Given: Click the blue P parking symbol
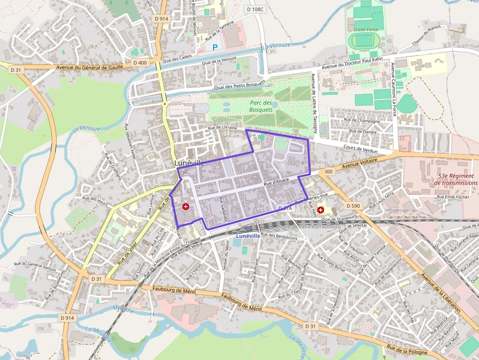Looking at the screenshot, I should coord(216,47).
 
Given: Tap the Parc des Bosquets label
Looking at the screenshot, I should coord(261,106).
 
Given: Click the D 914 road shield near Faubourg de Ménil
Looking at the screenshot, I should coord(67,318).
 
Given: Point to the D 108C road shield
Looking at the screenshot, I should coord(255,9).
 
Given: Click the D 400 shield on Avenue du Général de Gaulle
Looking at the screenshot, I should coord(140,63).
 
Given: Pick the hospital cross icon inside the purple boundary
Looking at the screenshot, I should coord(186,207).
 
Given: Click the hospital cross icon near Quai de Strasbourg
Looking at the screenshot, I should coord(321,210).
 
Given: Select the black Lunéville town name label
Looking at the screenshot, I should coord(189,163).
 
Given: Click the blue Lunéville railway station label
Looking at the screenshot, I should coord(248,236).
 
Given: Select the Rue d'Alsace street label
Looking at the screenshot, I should coord(276,182).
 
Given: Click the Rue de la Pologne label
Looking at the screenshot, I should coord(407,350).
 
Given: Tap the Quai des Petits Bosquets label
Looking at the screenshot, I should coord(239,86).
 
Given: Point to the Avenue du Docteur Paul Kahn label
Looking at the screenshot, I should coord(351,64).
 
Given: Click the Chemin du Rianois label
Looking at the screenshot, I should coord(426,35).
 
